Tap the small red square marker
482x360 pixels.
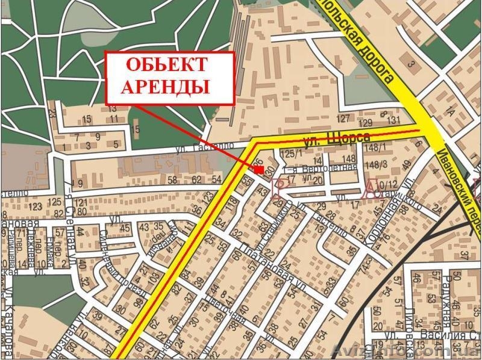258,170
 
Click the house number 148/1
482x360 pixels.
373,149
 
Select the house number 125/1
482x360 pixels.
290,154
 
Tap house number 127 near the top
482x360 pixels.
343,117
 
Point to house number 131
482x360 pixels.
393,120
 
